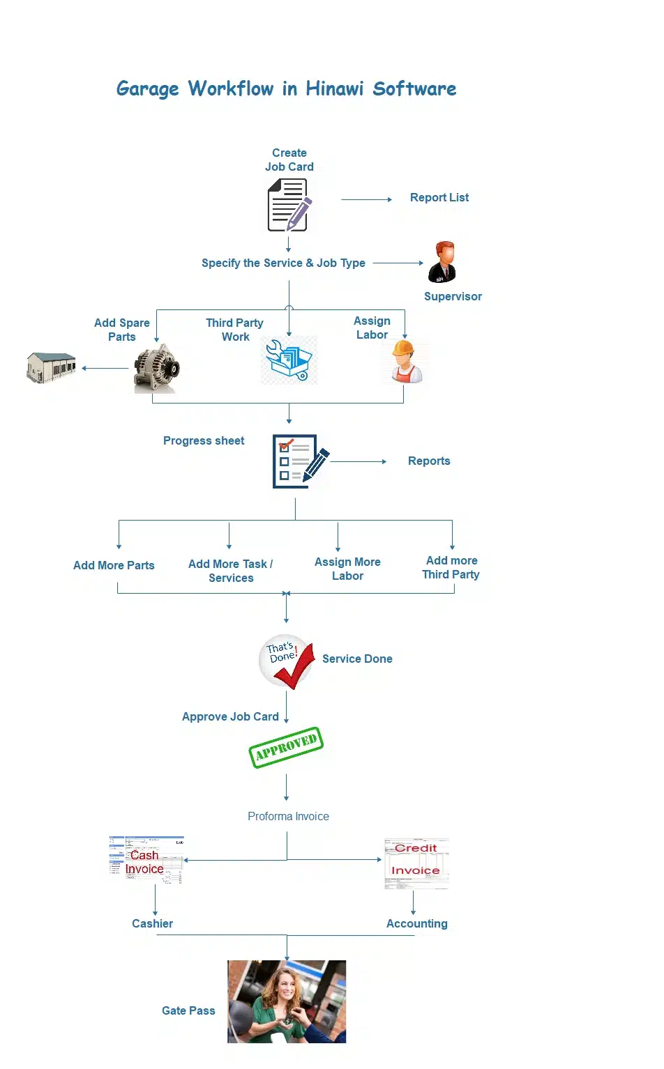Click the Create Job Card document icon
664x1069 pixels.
coord(289,205)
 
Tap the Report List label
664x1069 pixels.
coord(439,198)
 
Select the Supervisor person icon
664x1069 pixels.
coord(442,262)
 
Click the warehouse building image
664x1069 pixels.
coord(51,367)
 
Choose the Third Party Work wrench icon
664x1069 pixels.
coord(289,360)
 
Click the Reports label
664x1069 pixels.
coord(429,461)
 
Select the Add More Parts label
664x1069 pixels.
coord(114,566)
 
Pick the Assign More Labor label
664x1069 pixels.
coord(347,569)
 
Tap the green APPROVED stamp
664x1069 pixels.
coord(286,747)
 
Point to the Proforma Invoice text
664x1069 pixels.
coord(288,817)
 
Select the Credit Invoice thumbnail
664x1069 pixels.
coord(416,863)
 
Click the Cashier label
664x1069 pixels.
coord(152,923)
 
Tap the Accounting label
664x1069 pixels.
coord(416,923)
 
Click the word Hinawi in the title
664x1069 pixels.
coord(334,89)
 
